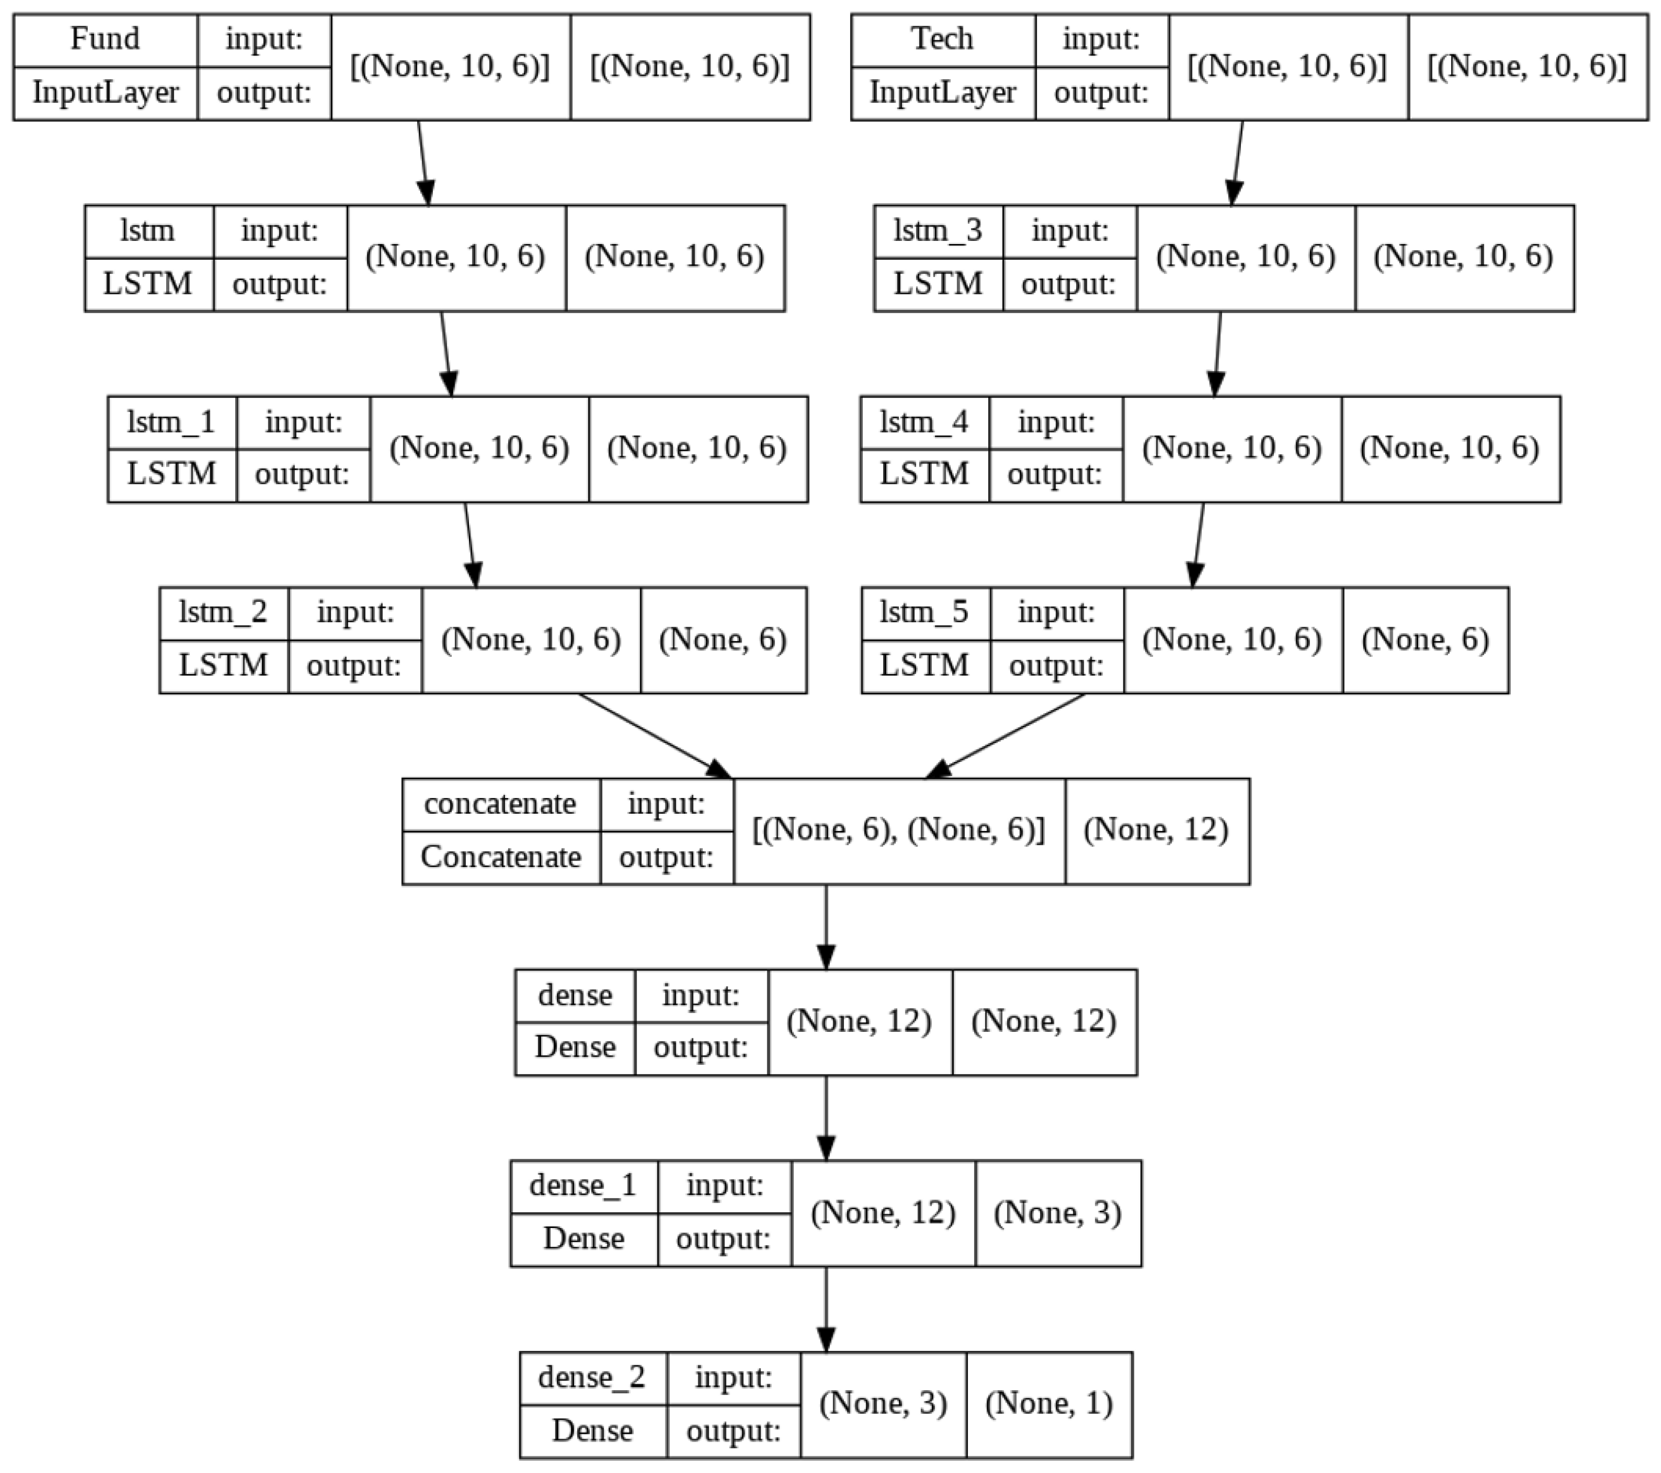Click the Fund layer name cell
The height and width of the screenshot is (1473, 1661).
105,39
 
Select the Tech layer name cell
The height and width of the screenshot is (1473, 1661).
942,39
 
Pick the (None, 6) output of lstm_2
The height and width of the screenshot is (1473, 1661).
723,640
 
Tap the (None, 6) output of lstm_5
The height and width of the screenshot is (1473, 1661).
1425,640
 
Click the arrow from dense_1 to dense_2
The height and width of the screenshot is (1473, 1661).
826,1309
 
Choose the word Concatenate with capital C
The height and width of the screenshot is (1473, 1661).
500,857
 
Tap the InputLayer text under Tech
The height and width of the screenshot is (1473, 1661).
942,93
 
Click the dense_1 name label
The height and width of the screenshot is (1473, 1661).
583,1186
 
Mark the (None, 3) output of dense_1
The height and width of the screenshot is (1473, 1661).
1057,1213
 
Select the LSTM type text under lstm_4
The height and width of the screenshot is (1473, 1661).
924,473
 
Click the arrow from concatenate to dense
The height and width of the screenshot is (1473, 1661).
826,927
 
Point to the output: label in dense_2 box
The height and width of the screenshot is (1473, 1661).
733,1431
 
